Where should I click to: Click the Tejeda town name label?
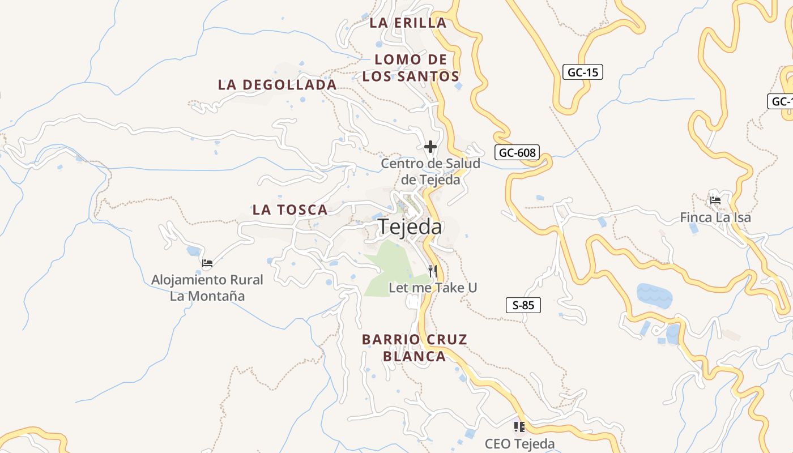410,226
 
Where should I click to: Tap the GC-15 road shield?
582,72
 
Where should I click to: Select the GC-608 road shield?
517,152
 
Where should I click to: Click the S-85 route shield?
523,305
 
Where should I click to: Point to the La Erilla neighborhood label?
408,23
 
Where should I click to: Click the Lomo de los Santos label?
411,68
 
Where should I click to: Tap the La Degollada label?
277,85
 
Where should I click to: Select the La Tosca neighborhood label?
290,210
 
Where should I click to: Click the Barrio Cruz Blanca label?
415,348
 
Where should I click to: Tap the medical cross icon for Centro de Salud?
430,147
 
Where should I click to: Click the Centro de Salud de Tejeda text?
430,172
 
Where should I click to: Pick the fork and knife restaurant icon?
433,271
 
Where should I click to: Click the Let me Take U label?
433,288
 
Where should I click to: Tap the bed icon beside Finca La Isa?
715,200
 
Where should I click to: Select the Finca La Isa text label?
715,217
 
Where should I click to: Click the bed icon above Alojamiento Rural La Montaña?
207,263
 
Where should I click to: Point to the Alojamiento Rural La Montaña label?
207,288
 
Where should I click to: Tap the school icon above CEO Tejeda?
519,426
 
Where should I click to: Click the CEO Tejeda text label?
519,444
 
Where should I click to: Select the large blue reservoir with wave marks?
654,295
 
